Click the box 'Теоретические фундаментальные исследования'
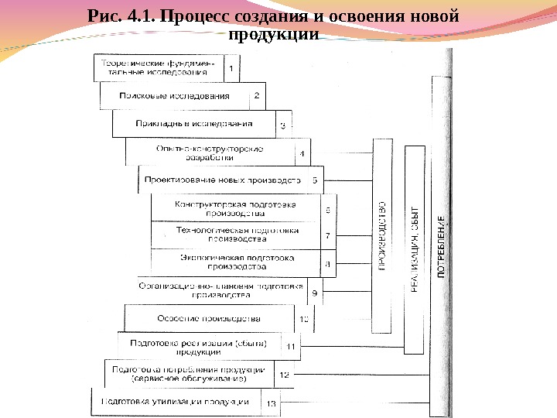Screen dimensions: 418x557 pyautogui.click(x=159, y=67)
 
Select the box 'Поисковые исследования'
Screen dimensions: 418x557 pyautogui.click(x=175, y=96)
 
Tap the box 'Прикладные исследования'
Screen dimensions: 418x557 pyautogui.click(x=193, y=124)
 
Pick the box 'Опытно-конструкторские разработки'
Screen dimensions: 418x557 pyautogui.click(x=210, y=152)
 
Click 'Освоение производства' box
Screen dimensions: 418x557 pyautogui.click(x=209, y=318)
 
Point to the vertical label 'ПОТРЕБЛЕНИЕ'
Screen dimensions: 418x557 pyautogui.click(x=442, y=248)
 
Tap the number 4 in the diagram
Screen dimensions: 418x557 pyautogui.click(x=302, y=153)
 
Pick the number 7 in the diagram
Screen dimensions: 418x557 pyautogui.click(x=327, y=235)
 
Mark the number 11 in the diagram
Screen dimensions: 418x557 pyautogui.click(x=291, y=346)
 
